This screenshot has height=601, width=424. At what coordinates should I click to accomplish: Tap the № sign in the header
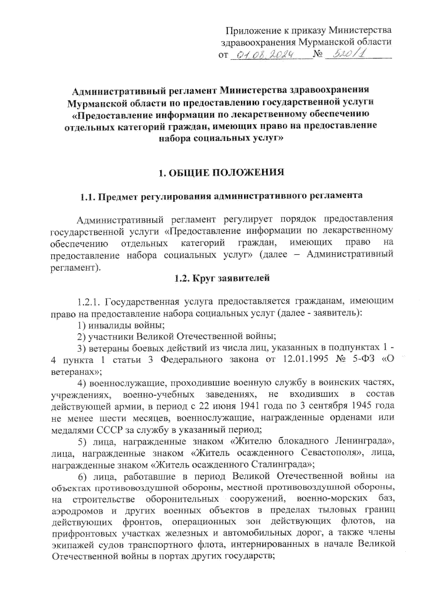coord(318,55)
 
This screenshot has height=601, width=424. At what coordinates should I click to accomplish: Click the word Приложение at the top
coord(253,30)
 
